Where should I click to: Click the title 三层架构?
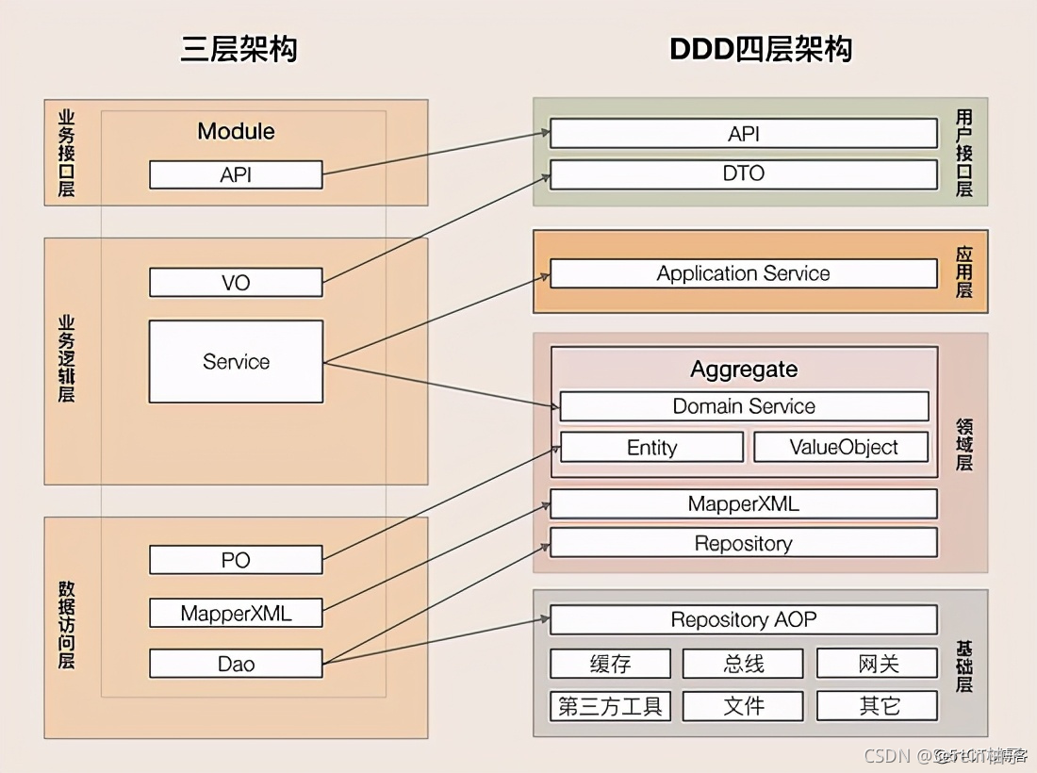[x=239, y=49]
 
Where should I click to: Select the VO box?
[x=236, y=282]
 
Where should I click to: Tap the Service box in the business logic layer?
[x=236, y=361]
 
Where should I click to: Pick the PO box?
[x=236, y=560]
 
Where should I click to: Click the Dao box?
[x=236, y=664]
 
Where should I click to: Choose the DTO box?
[x=744, y=173]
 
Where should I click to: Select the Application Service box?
[x=744, y=273]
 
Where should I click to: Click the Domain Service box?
[x=744, y=406]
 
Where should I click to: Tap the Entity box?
[x=651, y=448]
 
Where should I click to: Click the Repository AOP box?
[x=744, y=619]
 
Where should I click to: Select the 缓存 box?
[x=610, y=664]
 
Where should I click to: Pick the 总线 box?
[x=744, y=664]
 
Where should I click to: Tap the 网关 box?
[x=878, y=664]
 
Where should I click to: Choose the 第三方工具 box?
[x=610, y=706]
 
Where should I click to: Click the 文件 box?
[x=744, y=706]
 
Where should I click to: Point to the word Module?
[x=236, y=131]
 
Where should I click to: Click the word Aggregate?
[x=744, y=369]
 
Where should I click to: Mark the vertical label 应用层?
[x=963, y=272]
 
